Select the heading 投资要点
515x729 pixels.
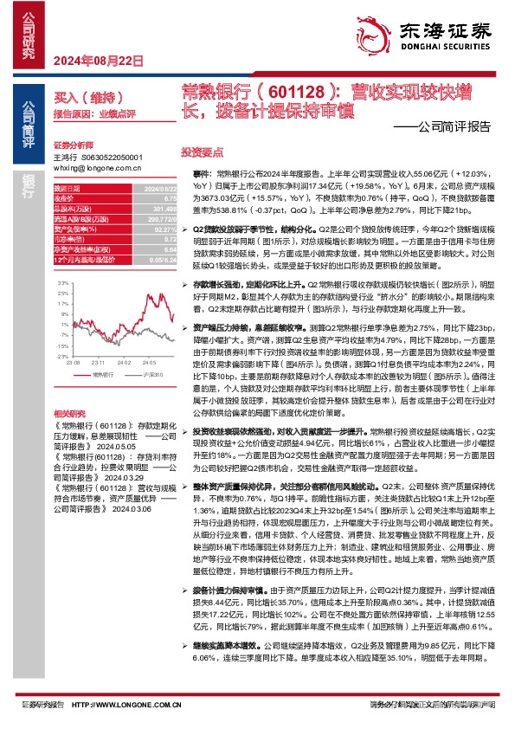tap(200, 150)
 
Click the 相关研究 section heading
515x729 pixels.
tap(70, 414)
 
